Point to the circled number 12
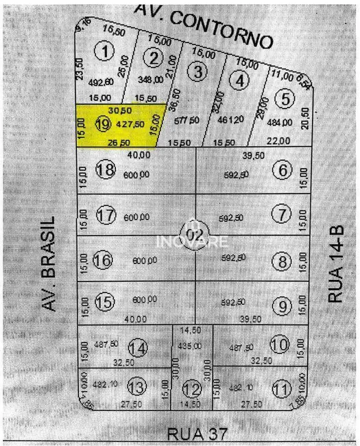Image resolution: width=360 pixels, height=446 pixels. click(x=193, y=390)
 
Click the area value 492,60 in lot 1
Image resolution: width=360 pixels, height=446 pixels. click(x=101, y=82)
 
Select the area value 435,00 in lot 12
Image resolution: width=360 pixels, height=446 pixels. click(x=193, y=346)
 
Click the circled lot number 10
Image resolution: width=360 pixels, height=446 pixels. click(x=279, y=344)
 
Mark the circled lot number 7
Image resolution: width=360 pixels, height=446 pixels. click(x=280, y=213)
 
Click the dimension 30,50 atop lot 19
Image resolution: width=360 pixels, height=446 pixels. click(x=120, y=110)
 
